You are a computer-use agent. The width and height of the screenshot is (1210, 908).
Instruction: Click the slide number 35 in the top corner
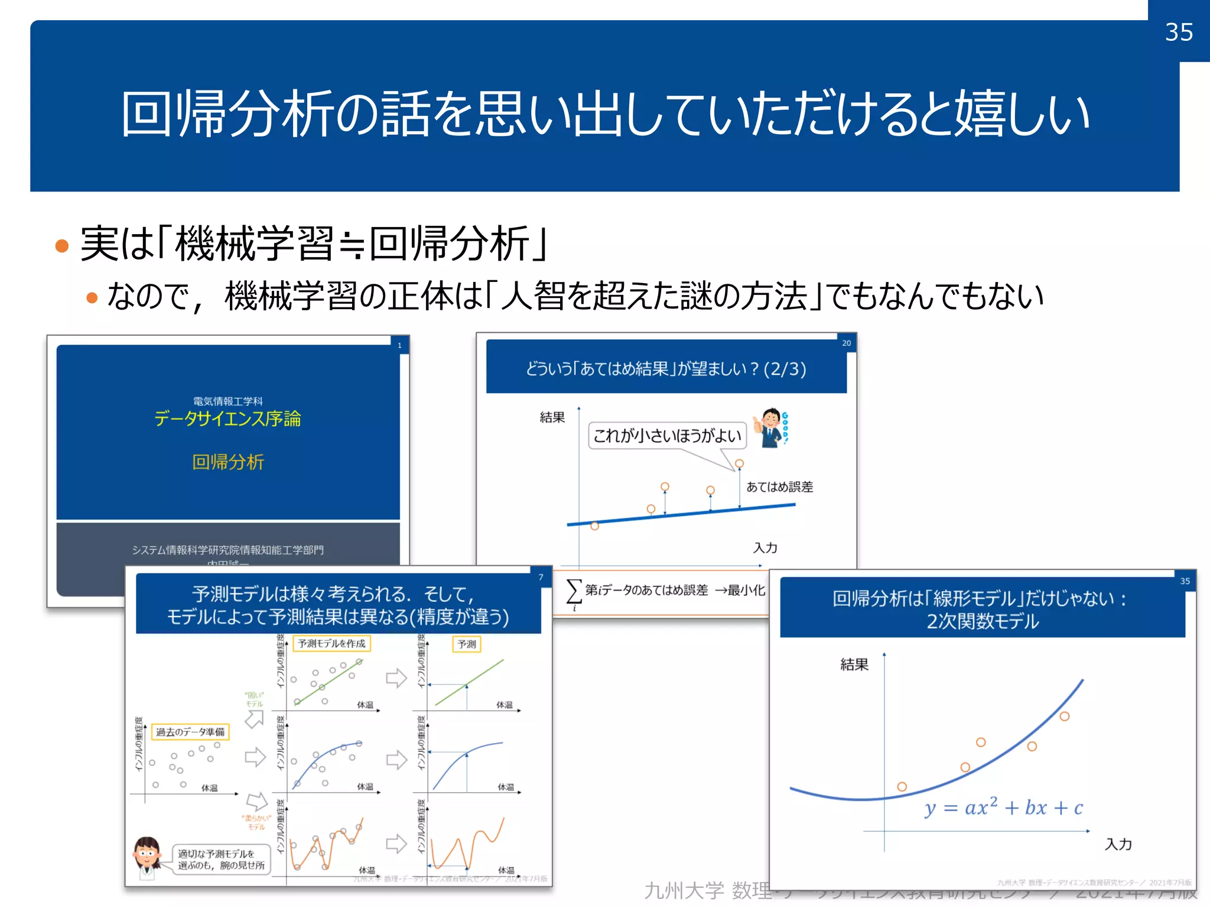point(1179,32)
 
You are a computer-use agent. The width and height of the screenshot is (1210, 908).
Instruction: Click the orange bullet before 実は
point(62,245)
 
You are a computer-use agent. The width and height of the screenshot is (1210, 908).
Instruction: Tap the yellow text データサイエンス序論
point(227,419)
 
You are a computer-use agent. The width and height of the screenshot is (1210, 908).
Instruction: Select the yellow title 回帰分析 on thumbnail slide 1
point(228,462)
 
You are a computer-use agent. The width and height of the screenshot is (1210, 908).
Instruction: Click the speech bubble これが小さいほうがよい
point(667,436)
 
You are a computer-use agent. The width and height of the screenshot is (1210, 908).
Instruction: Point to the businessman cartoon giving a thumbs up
point(770,427)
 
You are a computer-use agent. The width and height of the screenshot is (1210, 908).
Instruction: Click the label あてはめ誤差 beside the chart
point(779,487)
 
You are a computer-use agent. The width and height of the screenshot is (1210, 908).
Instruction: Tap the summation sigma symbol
point(573,591)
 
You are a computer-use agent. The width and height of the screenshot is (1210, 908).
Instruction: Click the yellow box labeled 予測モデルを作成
point(331,643)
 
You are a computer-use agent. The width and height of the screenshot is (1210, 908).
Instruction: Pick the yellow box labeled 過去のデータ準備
point(190,732)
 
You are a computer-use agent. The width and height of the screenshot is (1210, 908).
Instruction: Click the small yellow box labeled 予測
point(466,644)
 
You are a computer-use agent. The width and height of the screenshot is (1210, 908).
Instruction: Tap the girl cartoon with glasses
point(147,857)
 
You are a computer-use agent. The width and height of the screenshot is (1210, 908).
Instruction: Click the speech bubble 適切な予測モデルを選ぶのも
point(221,860)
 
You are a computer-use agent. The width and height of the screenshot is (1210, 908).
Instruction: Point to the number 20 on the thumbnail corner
point(846,343)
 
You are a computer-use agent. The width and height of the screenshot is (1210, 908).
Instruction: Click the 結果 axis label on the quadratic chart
point(854,664)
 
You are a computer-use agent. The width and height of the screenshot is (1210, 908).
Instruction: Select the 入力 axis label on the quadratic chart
point(1118,844)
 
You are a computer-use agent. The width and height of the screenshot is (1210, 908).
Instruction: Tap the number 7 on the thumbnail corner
point(541,577)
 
